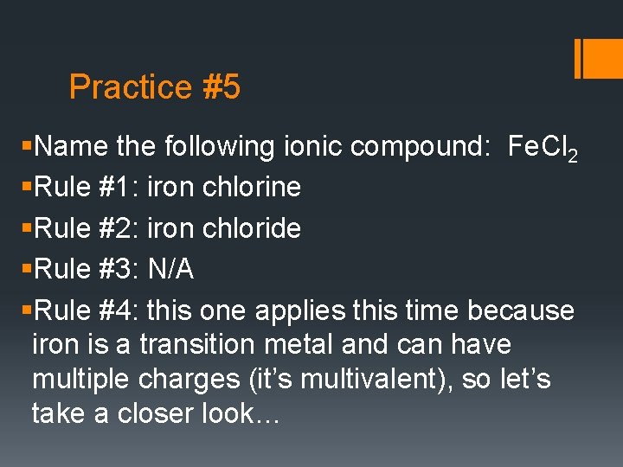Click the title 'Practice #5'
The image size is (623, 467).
point(154,87)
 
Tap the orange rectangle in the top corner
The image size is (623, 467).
point(599,59)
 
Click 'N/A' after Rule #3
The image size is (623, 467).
point(171,270)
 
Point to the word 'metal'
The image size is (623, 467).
point(309,344)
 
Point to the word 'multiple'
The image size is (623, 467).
point(80,379)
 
